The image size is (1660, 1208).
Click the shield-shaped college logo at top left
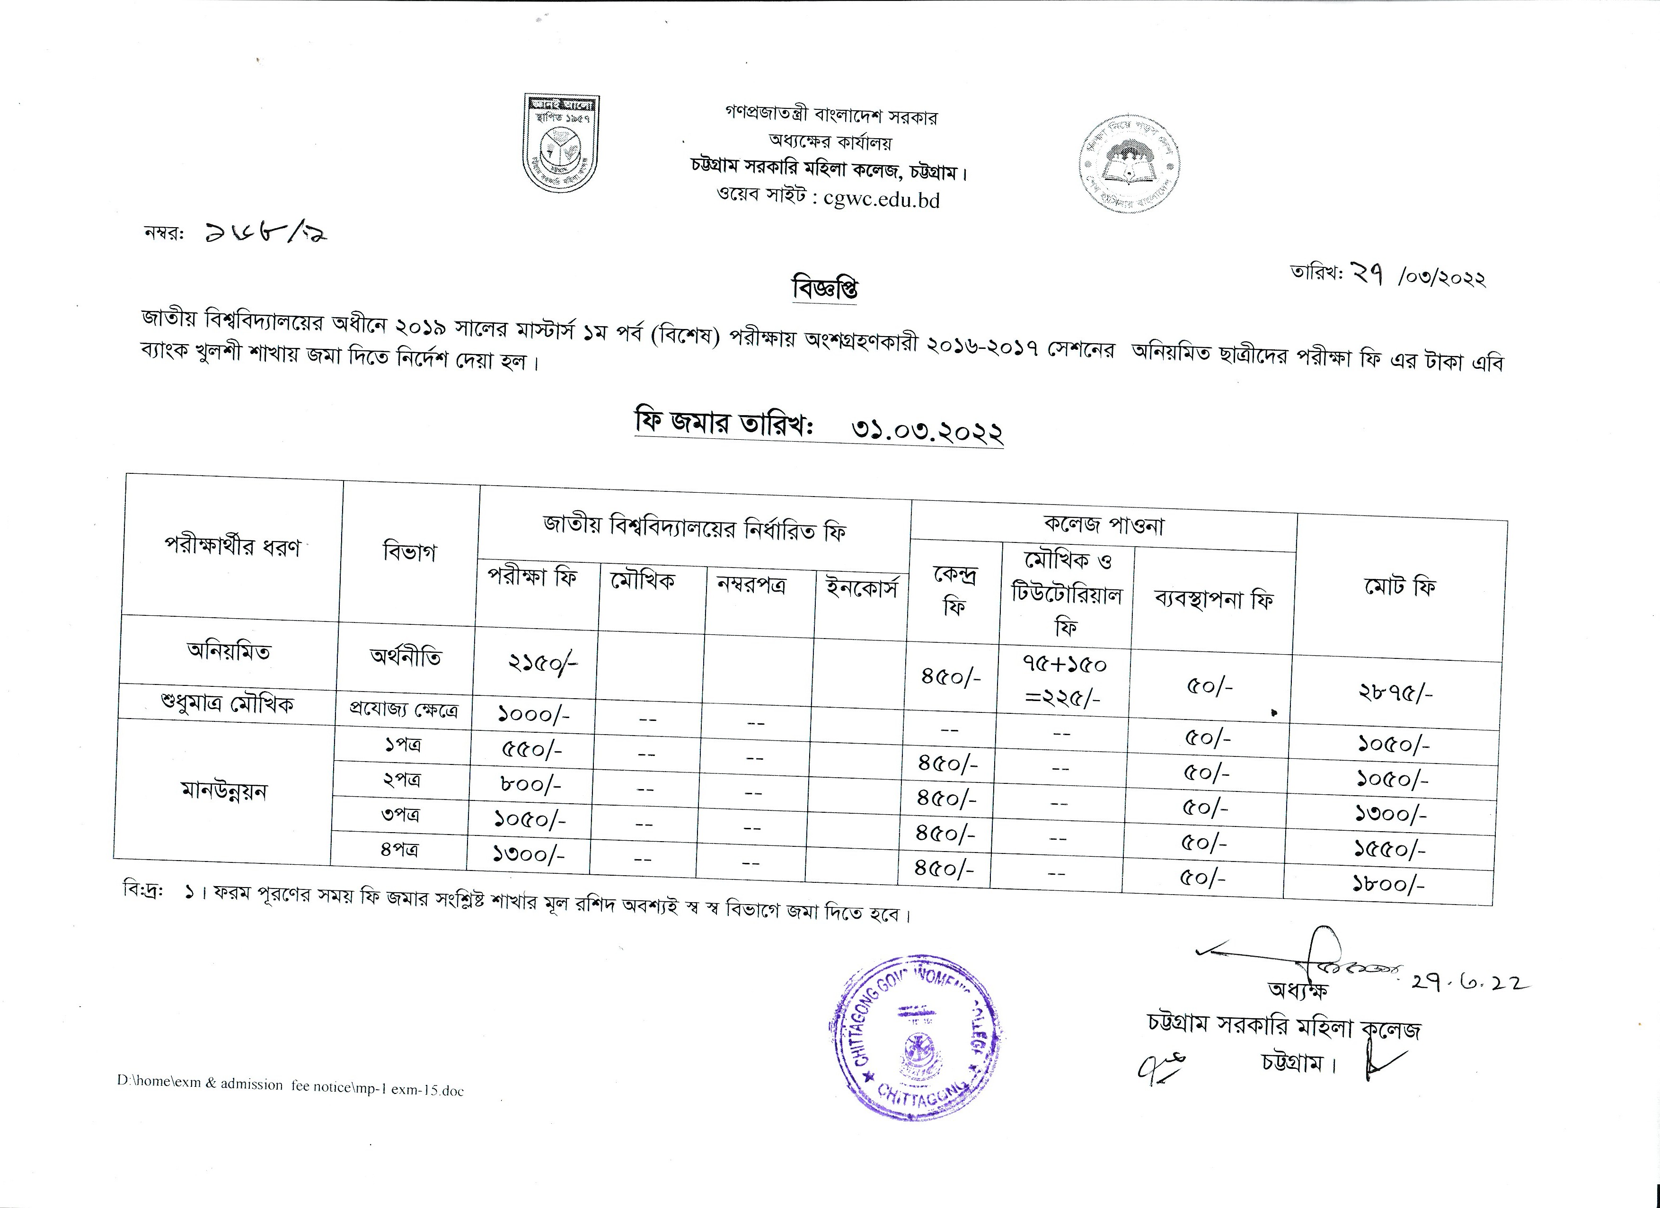(x=561, y=143)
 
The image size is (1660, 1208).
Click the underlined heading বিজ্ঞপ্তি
(x=825, y=288)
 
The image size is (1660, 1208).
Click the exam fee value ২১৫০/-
(x=542, y=663)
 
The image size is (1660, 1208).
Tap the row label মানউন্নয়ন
(x=224, y=791)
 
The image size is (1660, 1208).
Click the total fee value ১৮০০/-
(x=1388, y=885)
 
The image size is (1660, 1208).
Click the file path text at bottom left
(x=290, y=1086)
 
